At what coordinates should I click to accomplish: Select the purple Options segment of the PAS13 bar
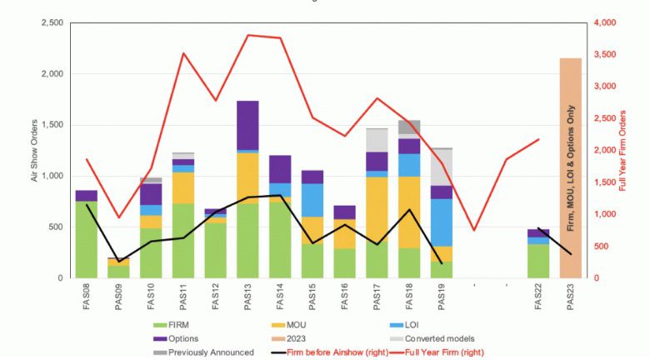coord(247,125)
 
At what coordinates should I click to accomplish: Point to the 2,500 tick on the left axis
coord(52,22)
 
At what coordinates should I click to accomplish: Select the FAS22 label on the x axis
coord(538,297)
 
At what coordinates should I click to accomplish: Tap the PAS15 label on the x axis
coord(312,297)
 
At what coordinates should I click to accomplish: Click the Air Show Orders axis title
coord(34,150)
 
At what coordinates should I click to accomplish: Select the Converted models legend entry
coord(436,337)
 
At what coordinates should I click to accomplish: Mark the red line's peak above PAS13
coord(248,35)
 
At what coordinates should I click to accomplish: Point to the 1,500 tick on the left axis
coord(52,125)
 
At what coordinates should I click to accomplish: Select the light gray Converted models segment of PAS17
coord(377,140)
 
